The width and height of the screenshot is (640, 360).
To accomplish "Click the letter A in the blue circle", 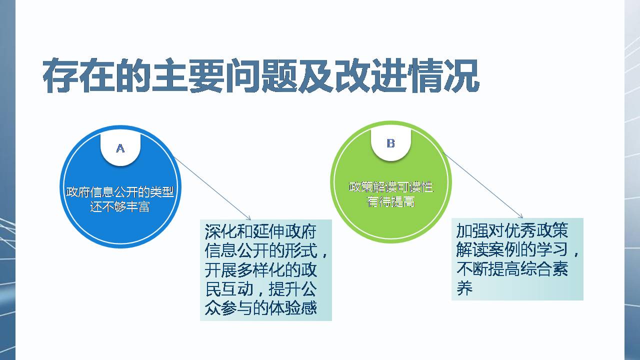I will coord(120,148).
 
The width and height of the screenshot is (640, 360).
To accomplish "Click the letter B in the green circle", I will coord(391,143).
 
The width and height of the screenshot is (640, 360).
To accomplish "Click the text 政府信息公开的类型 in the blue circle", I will coord(120,192).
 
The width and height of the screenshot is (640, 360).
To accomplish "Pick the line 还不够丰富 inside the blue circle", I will coord(120,206).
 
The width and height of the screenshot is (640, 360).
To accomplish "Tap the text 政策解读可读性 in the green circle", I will coord(391,187).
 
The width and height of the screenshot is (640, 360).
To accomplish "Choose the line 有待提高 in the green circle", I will coord(391,202).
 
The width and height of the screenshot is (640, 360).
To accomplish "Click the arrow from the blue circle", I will coord(212,188).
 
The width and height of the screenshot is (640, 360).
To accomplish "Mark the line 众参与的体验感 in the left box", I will coord(260,308).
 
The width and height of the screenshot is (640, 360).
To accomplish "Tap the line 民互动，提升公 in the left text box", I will coord(260,289).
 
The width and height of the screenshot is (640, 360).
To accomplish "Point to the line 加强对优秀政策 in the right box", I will coord(511,231).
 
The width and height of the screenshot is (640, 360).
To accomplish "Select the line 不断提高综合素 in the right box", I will coord(511,269).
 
